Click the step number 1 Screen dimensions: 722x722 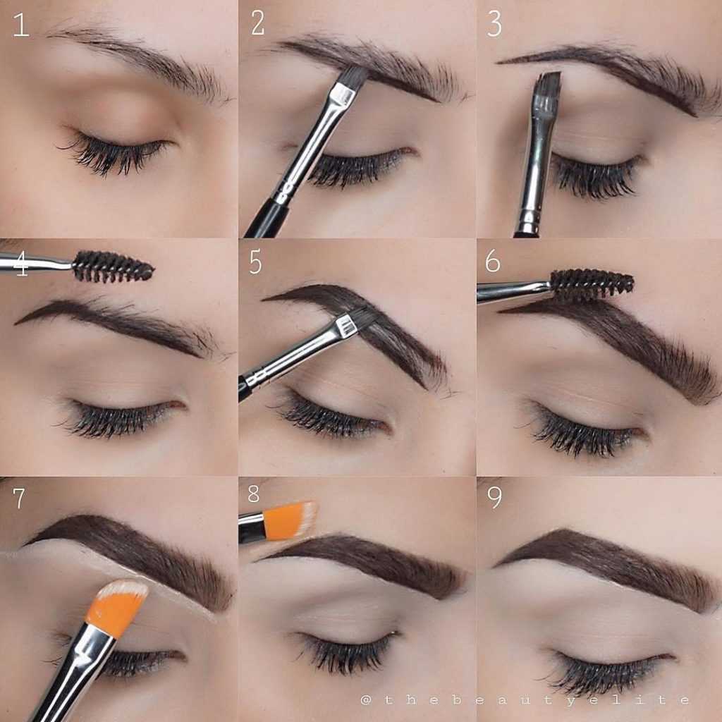(x=21, y=25)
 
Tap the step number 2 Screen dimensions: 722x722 (x=258, y=23)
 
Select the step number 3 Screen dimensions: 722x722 (x=494, y=24)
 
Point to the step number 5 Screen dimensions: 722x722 (x=255, y=262)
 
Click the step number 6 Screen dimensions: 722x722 (x=493, y=262)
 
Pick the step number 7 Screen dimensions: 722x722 (x=19, y=498)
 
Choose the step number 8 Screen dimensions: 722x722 (x=254, y=493)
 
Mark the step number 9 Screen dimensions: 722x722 (x=495, y=497)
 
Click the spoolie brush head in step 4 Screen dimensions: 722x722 (x=113, y=266)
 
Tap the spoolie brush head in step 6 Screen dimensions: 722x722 (x=592, y=283)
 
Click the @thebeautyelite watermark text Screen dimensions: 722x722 (x=525, y=700)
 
